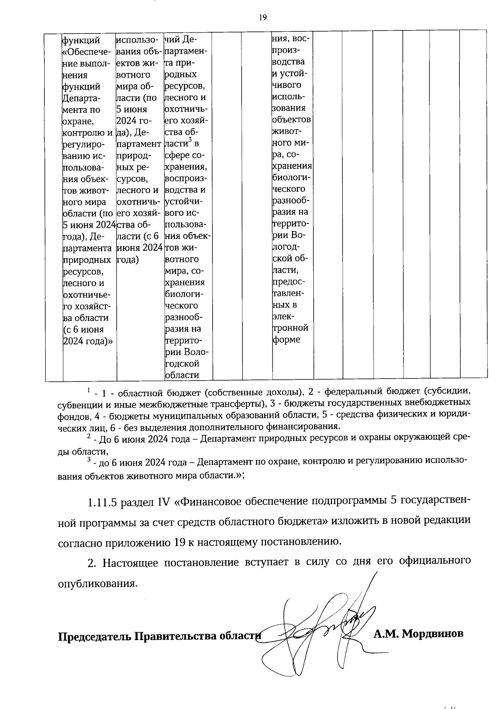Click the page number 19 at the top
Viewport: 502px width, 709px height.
tap(263, 17)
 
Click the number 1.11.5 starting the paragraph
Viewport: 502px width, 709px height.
tap(102, 502)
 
